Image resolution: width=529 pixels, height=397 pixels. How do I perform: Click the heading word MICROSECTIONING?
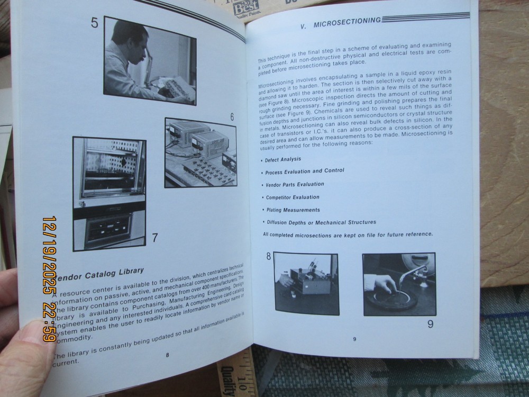click(346, 22)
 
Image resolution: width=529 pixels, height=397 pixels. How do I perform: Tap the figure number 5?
click(95, 24)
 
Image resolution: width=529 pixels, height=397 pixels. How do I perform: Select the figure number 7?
click(154, 238)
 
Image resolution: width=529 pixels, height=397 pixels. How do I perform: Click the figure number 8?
click(268, 257)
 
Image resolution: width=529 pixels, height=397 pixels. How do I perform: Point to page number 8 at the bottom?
click(167, 355)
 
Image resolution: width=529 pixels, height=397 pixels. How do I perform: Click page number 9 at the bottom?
click(354, 339)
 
